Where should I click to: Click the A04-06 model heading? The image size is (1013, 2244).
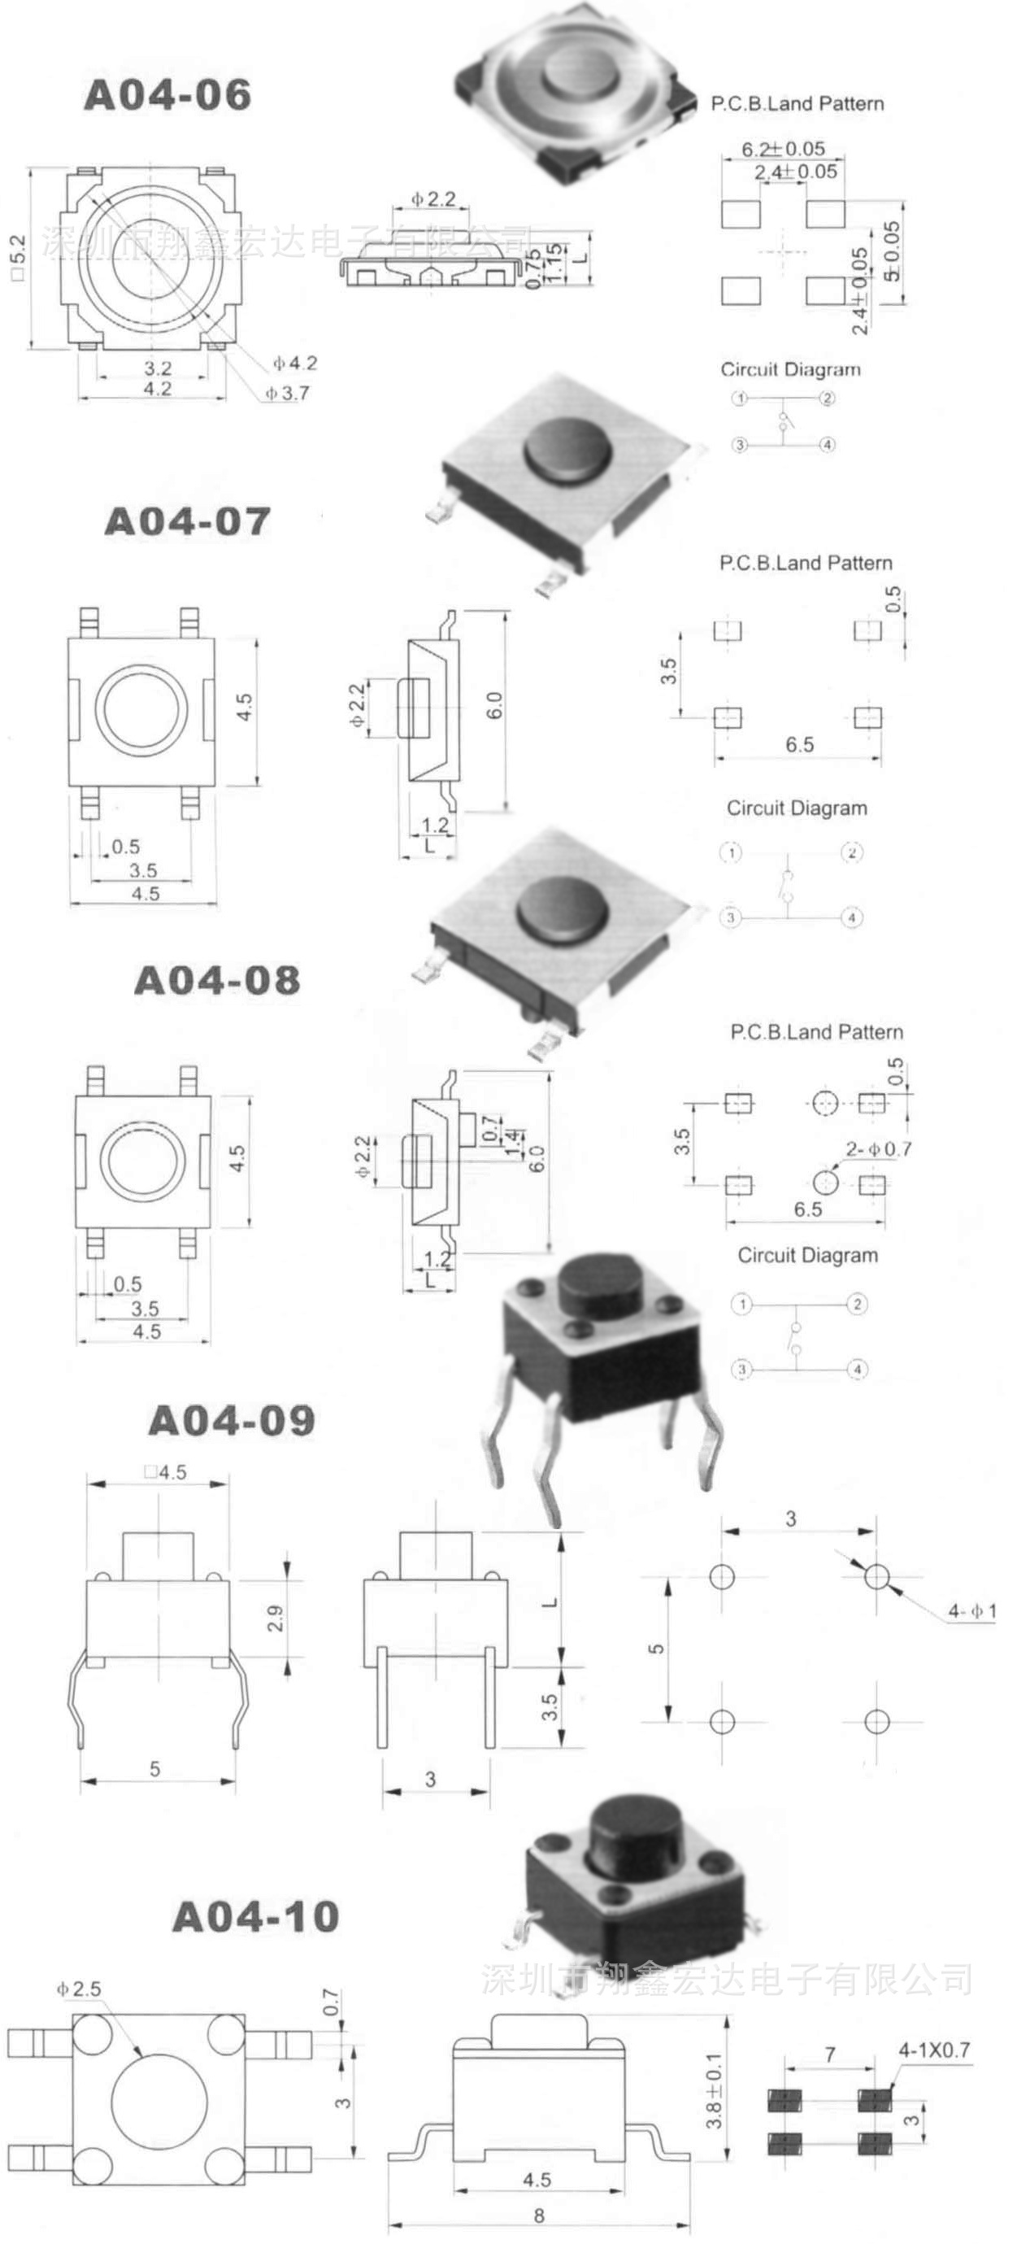click(167, 94)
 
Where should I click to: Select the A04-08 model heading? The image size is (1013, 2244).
click(217, 980)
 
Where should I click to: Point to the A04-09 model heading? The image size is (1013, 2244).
click(232, 1421)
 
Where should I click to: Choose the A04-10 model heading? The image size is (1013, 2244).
click(255, 1916)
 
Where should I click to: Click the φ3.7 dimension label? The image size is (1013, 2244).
click(288, 394)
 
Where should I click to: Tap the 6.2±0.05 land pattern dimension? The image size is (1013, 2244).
click(782, 149)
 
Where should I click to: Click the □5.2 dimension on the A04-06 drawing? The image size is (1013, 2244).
click(22, 258)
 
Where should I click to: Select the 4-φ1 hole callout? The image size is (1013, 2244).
click(972, 1611)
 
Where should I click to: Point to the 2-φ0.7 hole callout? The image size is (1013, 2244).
click(879, 1149)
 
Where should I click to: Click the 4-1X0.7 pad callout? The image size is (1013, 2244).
click(934, 2050)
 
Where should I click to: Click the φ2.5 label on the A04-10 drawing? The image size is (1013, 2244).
click(79, 1989)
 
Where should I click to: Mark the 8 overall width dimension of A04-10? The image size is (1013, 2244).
click(539, 2216)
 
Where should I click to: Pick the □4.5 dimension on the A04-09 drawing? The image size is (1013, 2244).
click(166, 1472)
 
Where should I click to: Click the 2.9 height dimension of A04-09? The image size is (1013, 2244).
click(276, 1619)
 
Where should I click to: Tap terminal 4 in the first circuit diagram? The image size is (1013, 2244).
click(827, 445)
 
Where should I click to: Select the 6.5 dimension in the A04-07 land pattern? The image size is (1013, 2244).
click(798, 745)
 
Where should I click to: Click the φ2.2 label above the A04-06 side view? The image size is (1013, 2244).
click(433, 198)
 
